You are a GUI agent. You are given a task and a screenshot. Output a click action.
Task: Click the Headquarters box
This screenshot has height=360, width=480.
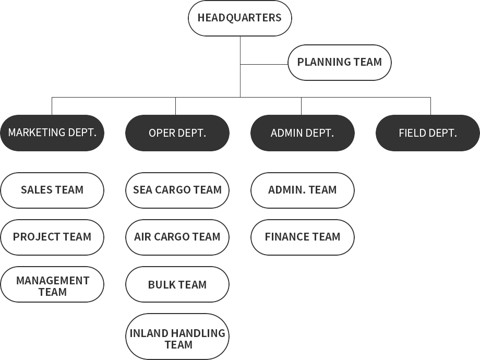tap(239, 18)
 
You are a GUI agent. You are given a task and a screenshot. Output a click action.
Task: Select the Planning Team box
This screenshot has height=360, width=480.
tap(339, 62)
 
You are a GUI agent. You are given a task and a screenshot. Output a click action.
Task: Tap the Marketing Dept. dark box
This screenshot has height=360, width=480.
tap(52, 133)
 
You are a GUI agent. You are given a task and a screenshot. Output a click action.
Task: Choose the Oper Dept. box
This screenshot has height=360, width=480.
tap(177, 133)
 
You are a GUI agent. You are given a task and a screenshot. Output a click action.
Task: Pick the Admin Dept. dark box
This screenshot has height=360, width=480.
tap(302, 133)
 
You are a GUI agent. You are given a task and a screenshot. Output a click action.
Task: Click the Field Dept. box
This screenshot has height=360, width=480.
tap(427, 133)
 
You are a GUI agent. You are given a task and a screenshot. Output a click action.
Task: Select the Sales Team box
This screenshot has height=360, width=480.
tap(52, 190)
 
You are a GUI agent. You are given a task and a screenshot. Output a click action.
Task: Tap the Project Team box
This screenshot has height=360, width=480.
tap(52, 237)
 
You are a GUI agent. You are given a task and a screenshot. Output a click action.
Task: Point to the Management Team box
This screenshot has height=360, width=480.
tap(52, 286)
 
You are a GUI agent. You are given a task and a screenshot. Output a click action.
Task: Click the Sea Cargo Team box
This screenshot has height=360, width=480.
tap(177, 190)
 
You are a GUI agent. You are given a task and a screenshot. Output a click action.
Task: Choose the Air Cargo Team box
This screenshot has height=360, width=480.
tap(177, 237)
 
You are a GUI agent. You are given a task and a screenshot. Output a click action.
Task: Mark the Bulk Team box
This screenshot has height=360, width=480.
tap(177, 285)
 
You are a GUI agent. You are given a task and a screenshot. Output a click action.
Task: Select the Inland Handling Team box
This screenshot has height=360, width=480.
tap(177, 338)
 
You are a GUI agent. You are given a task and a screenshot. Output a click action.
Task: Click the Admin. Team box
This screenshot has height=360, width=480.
tap(302, 190)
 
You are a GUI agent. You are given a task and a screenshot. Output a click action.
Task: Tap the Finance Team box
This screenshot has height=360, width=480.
tap(302, 237)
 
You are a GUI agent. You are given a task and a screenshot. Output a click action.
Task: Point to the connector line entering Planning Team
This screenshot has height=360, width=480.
tap(264, 64)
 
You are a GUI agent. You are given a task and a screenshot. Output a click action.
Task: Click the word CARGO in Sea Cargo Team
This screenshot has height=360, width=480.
tap(177, 190)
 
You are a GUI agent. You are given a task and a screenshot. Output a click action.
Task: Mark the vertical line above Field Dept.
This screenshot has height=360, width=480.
tap(430, 106)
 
